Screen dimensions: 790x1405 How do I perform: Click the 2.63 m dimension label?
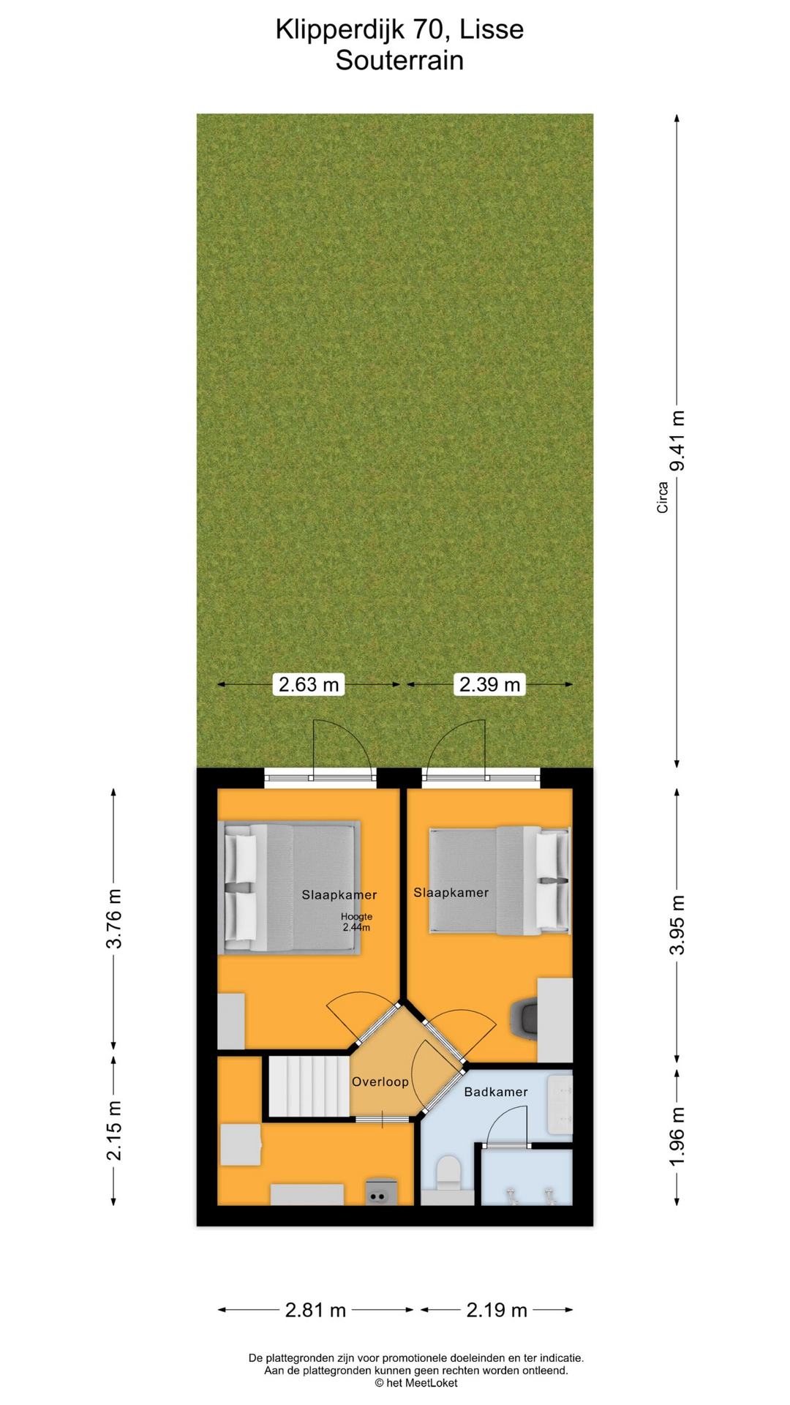coord(309,684)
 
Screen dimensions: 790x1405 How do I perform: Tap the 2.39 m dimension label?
coord(489,684)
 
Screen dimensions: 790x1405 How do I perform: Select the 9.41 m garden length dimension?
coord(678,441)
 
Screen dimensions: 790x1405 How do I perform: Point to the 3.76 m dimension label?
coord(113,918)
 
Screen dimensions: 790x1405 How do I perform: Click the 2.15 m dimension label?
coord(113,1130)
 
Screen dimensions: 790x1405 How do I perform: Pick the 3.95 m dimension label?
coord(678,924)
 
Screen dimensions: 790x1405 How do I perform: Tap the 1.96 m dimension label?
coord(678,1136)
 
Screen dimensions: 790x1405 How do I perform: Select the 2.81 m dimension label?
coord(315,1310)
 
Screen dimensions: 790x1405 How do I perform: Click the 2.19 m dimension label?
coord(497,1310)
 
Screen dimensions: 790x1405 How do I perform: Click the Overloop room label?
coord(380,1082)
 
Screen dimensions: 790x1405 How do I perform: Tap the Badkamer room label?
coord(496,1092)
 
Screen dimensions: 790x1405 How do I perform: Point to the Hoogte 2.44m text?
coord(356,922)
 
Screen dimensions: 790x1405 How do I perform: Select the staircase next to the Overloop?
coord(309,1086)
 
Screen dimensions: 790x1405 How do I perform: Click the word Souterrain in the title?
coord(399,61)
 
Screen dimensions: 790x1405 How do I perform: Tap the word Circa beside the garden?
coord(663,497)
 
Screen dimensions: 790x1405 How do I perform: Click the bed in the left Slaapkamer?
coord(290,888)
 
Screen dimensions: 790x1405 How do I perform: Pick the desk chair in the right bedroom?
coord(524,1019)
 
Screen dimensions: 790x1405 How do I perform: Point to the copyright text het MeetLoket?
coord(416,1383)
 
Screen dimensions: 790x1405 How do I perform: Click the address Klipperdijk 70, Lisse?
coord(399,29)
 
